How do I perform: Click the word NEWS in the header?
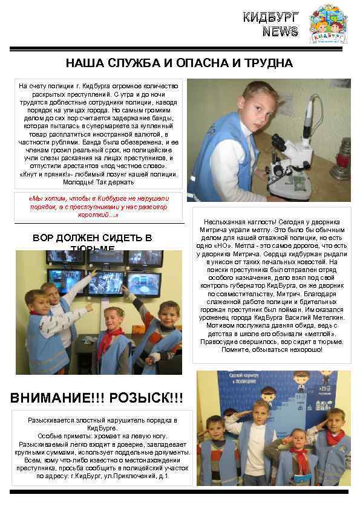pos(280,31)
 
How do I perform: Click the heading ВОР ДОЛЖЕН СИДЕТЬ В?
pos(92,238)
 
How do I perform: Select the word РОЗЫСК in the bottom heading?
pos(145,398)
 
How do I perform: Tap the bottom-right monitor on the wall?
pos(143,281)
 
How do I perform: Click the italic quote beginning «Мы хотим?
pos(99,206)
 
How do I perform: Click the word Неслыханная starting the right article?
pos(228,222)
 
